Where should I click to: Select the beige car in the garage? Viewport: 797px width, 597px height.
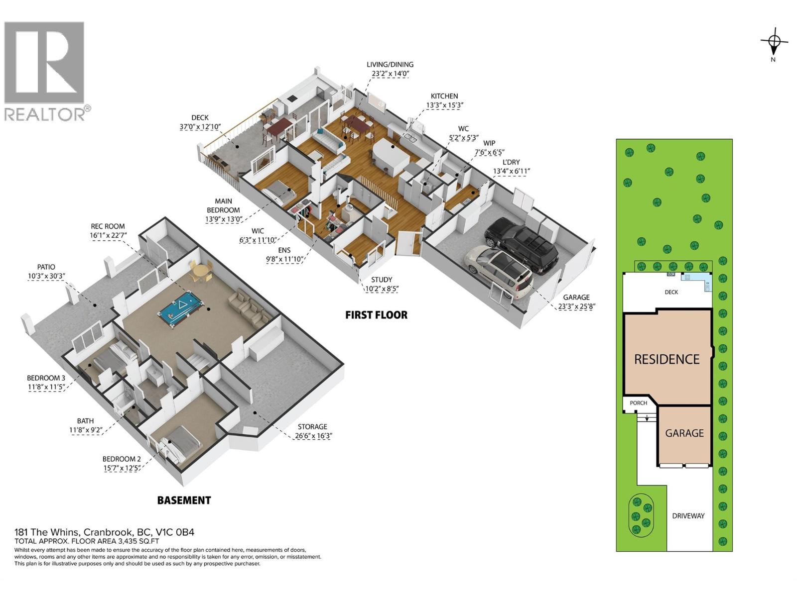point(498,272)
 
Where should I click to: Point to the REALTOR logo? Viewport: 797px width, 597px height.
point(45,70)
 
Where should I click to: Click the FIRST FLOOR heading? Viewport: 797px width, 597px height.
point(376,315)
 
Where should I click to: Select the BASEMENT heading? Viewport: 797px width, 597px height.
point(184,500)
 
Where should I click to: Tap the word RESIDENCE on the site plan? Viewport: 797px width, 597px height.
point(666,359)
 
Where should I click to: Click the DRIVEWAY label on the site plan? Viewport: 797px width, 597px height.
point(688,516)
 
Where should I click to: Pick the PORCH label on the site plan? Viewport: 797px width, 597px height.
point(638,403)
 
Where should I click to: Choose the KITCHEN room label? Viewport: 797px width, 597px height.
point(444,96)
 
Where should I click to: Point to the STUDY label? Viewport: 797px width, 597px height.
point(382,280)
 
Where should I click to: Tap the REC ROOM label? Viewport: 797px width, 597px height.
point(108,226)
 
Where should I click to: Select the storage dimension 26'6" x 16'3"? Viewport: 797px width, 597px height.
point(312,436)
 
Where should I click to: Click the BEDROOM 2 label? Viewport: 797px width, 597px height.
point(122,459)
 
